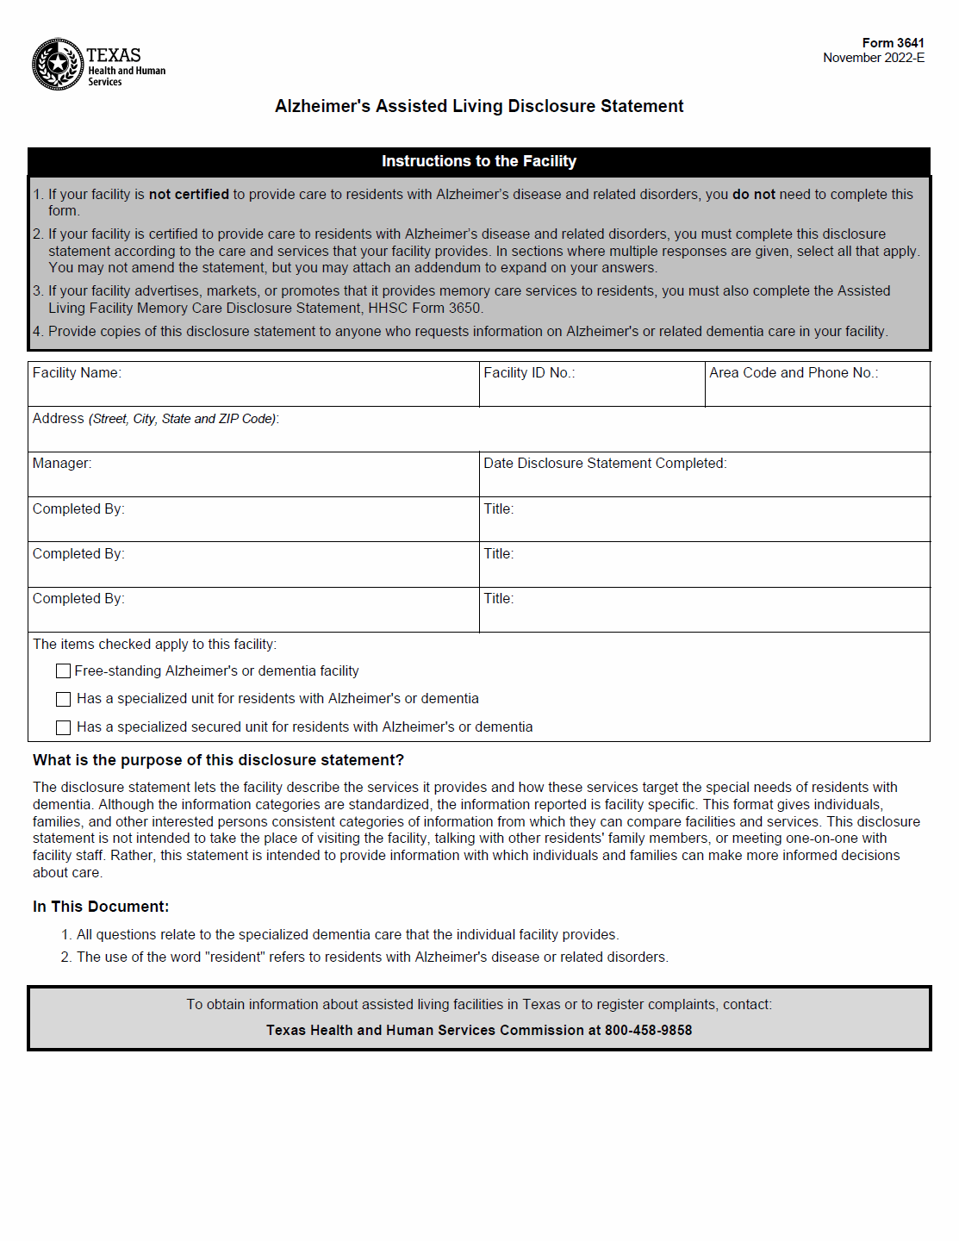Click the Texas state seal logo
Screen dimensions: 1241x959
point(57,64)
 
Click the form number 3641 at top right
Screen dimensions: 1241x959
point(893,43)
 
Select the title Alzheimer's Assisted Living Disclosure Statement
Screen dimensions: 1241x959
point(479,106)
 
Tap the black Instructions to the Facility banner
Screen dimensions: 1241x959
point(479,161)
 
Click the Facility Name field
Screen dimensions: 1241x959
point(253,390)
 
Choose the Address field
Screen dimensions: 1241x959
point(479,434)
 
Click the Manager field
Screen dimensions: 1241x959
point(253,480)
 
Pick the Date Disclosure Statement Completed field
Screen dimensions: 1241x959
point(704,480)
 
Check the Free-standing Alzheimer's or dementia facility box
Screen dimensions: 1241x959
point(63,671)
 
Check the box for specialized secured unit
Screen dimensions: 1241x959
point(63,727)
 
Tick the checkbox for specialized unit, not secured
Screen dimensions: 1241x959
point(63,699)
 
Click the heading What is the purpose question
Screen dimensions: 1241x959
point(218,760)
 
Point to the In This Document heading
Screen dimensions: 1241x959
point(101,907)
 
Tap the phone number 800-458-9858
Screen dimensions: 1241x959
point(648,1030)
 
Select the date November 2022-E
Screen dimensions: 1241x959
point(873,58)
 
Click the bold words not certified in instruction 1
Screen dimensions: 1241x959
point(189,195)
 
